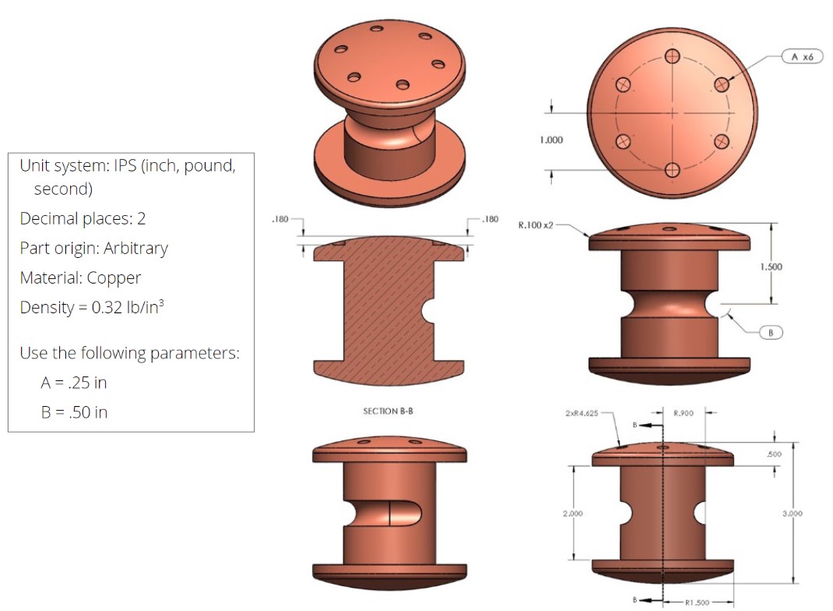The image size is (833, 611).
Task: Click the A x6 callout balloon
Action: coord(801,57)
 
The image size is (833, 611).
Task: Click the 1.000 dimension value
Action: coord(550,140)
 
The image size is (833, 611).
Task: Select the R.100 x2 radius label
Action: coord(536,225)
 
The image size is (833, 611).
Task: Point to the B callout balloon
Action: coord(770,333)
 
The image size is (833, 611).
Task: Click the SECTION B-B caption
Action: coord(388,411)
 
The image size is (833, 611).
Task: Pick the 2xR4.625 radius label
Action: coord(582,413)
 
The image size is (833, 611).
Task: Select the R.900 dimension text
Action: coord(684,413)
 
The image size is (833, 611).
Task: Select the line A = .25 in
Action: coord(74,383)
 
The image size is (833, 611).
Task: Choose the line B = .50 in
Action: coord(74,412)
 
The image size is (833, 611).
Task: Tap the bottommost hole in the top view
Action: coord(672,171)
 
